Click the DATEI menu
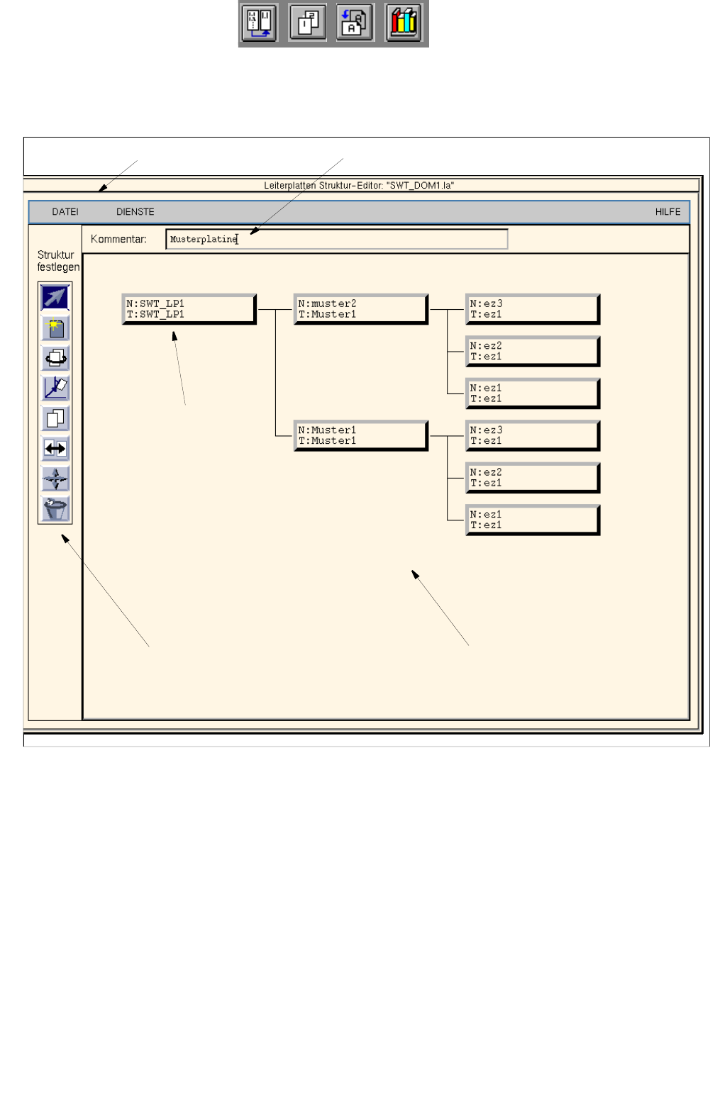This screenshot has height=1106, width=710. [x=65, y=212]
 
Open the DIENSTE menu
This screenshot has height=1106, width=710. [x=135, y=212]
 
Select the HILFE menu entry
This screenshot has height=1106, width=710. [x=667, y=212]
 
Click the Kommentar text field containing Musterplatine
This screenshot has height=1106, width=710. [x=337, y=240]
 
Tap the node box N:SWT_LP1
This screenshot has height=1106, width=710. [x=189, y=309]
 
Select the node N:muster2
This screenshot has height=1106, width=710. [x=360, y=309]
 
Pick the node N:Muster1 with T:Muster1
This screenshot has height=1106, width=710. [x=360, y=435]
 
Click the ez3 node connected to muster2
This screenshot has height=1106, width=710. [x=532, y=309]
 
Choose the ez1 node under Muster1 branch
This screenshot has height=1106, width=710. [x=532, y=520]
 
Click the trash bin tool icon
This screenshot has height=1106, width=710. [x=55, y=509]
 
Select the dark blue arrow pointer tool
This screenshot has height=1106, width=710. [x=55, y=297]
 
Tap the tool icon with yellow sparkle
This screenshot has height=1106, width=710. [x=55, y=328]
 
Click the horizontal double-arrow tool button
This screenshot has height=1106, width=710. [x=55, y=448]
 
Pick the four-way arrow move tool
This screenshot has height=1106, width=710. [x=55, y=479]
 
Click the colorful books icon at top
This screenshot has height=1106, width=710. [x=404, y=23]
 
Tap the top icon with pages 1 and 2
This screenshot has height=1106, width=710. [x=308, y=23]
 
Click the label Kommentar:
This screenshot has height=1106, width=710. [x=118, y=240]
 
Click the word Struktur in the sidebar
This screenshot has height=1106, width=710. [x=55, y=255]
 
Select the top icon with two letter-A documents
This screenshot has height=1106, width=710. [x=355, y=23]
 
